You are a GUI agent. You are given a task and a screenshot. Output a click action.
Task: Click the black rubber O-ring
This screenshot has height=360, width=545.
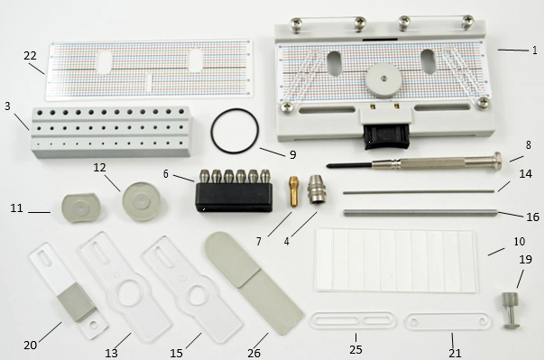[x=211, y=132]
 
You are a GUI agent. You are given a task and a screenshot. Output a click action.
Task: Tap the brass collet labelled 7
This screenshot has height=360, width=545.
[x=293, y=191]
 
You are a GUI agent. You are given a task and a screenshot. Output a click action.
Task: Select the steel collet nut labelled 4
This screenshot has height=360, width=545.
[x=317, y=189]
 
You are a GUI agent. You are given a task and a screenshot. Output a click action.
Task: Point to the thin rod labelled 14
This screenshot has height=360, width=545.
[x=419, y=191]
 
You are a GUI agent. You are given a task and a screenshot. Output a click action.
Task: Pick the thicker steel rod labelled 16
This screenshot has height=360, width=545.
[x=420, y=212]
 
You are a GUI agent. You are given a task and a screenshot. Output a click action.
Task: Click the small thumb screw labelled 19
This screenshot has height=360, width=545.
[x=511, y=310]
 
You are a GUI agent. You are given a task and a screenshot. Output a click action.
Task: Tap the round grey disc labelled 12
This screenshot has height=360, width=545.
[x=141, y=201]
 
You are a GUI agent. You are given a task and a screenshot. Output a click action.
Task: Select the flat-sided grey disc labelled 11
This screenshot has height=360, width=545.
[x=81, y=208]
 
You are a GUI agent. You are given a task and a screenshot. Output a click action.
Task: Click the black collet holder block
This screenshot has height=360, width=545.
[x=234, y=197]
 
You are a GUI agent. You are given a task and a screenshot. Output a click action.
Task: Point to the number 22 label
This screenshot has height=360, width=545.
[x=31, y=55]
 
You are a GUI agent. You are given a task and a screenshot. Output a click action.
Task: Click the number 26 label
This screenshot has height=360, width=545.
[x=254, y=354]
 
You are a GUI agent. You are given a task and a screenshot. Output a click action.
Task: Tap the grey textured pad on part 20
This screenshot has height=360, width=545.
[x=75, y=301]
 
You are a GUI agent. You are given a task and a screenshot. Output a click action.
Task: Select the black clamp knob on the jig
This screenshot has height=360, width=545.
[x=387, y=136]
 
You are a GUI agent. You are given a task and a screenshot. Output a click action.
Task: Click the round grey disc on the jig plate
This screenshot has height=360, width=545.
[x=383, y=80]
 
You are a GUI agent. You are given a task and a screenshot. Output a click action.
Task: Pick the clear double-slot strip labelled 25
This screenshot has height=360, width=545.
[x=353, y=320]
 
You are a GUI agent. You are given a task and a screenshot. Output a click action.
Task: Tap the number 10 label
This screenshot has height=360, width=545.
[x=519, y=242]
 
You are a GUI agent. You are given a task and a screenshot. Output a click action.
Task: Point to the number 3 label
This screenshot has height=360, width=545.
[x=7, y=106]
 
